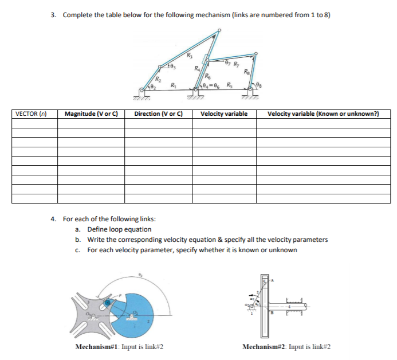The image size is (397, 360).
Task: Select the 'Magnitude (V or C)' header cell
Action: (x=91, y=114)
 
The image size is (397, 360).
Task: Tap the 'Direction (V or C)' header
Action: (x=158, y=114)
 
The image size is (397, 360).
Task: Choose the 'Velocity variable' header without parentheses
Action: (x=224, y=114)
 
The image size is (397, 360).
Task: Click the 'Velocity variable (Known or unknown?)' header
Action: (x=323, y=114)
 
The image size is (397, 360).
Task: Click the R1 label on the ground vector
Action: (x=174, y=85)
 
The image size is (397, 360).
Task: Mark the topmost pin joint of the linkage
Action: (x=217, y=34)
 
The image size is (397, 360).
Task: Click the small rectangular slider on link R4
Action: (x=205, y=59)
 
